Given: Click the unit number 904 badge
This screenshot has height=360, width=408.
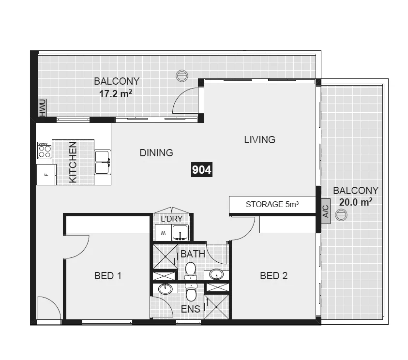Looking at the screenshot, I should click(202, 170).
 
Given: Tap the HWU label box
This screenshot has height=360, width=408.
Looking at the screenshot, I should click(42, 107).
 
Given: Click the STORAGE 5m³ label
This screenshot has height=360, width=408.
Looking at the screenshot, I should click(272, 204).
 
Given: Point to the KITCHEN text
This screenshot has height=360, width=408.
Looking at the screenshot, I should click(73, 162).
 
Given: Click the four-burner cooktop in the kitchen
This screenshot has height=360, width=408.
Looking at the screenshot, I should click(45, 150).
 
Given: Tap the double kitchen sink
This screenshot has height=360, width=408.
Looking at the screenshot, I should click(102, 162).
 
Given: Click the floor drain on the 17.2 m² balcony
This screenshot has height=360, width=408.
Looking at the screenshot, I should click(181, 75).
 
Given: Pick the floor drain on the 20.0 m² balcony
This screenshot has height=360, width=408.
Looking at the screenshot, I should click(342, 214).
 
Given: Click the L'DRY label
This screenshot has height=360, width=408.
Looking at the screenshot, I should click(171, 219).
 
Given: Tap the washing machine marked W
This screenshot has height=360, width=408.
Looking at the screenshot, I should click(163, 233).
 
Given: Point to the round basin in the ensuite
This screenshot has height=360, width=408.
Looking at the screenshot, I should click(166, 289).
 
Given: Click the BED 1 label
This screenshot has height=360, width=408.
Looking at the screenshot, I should click(107, 276).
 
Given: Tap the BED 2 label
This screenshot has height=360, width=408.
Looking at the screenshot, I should click(273, 276).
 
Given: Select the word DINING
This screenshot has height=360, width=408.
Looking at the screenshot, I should click(156, 153).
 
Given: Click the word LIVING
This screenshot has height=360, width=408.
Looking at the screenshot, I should click(259, 140).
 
